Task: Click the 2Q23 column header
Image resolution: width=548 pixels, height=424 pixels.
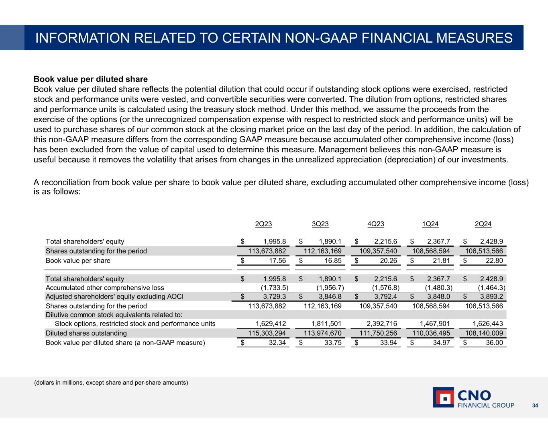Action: (x=264, y=224)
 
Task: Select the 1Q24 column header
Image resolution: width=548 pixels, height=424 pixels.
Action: (x=430, y=224)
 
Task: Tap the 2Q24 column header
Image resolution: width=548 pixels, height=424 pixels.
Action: (x=483, y=224)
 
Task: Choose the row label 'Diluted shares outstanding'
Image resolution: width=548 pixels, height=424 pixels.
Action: (x=86, y=333)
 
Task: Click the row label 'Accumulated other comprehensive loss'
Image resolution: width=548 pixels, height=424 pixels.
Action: (x=105, y=288)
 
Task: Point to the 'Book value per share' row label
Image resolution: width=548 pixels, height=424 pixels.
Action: (x=78, y=261)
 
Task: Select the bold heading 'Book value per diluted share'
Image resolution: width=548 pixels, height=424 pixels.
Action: (x=91, y=79)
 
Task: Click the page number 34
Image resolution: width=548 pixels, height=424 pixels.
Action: (x=535, y=406)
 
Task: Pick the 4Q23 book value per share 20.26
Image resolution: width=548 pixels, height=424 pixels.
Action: (x=386, y=261)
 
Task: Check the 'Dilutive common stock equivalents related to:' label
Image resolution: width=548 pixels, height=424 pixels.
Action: (x=114, y=314)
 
